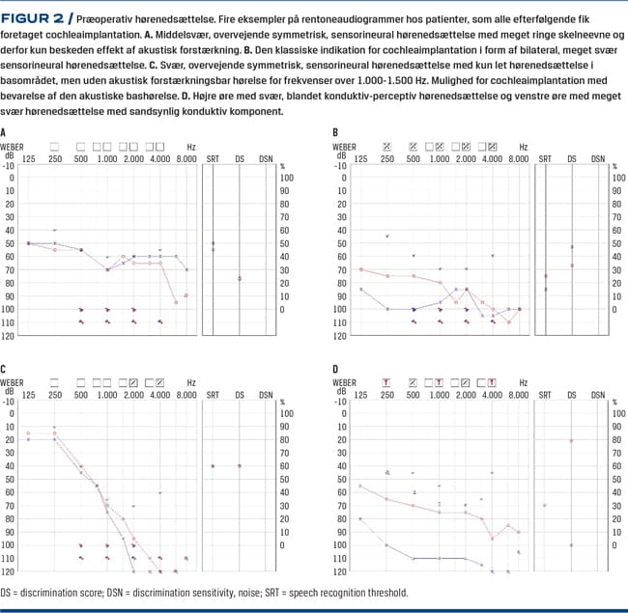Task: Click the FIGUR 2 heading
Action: point(39,18)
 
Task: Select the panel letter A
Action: point(4,132)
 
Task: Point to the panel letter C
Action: point(4,370)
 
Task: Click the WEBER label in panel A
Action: point(13,146)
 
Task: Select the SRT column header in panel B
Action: point(545,156)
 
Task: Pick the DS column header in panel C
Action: point(240,394)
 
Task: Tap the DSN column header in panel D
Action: point(598,394)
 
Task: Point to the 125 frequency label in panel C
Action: point(28,394)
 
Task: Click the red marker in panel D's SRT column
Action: point(545,505)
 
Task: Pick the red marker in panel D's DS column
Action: point(571,440)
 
